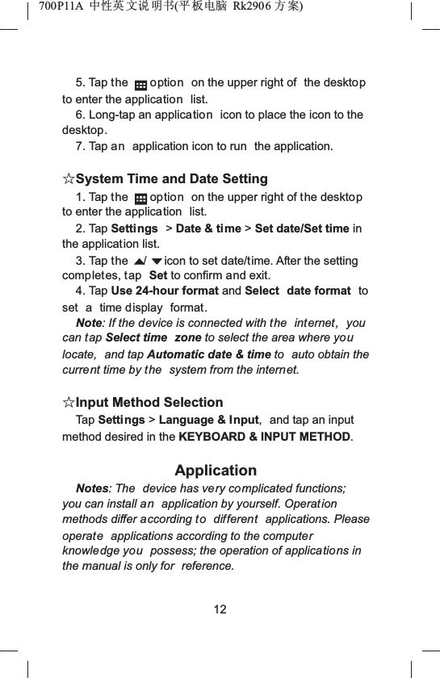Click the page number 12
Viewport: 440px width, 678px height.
point(220,609)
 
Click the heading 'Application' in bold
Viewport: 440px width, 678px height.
point(216,471)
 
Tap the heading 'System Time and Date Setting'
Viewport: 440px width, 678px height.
point(172,178)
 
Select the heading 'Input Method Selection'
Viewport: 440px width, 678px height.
point(149,402)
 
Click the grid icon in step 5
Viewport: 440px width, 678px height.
point(140,84)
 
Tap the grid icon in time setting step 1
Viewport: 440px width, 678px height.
point(140,198)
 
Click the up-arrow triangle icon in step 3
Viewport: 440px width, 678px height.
point(140,262)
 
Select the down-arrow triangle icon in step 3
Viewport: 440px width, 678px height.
point(157,262)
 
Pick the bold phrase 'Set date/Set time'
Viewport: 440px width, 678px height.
point(302,228)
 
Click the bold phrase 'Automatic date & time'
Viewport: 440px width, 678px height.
point(220,354)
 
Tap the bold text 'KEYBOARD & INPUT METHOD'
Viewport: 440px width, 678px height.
point(265,437)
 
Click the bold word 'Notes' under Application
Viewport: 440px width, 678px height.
point(92,489)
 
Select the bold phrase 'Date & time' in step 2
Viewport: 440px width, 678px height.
point(208,228)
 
